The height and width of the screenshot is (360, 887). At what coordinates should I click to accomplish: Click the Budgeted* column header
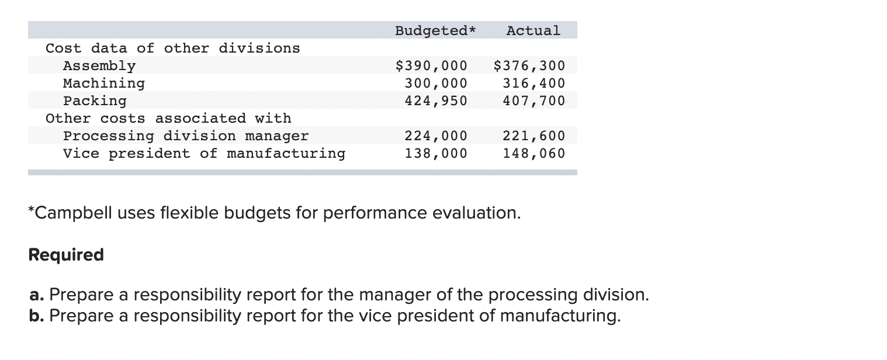(x=435, y=30)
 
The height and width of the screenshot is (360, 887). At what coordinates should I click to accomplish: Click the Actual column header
(x=533, y=30)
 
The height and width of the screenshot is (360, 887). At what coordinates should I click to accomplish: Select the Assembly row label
(x=99, y=65)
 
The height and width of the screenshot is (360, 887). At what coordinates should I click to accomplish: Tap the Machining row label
(x=104, y=83)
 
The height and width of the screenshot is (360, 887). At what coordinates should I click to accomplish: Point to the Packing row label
(x=95, y=101)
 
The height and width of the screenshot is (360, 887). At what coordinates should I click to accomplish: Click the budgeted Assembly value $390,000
(x=432, y=65)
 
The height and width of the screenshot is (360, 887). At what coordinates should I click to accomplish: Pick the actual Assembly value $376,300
(x=529, y=65)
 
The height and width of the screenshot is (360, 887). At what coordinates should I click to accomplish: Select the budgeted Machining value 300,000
(x=436, y=83)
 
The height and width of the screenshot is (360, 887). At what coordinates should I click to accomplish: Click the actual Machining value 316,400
(x=534, y=83)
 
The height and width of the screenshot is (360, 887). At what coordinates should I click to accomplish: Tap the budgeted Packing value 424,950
(x=436, y=101)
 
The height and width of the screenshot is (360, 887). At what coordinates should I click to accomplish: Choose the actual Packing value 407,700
(x=534, y=101)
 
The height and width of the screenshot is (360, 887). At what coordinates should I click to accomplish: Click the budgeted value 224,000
(x=436, y=136)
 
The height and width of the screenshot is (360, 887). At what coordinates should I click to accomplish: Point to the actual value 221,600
(x=534, y=136)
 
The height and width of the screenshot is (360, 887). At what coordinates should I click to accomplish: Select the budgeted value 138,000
(x=436, y=154)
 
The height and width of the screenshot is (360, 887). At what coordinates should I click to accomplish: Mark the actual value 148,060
(x=534, y=154)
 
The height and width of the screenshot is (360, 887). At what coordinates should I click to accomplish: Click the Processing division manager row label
(x=186, y=136)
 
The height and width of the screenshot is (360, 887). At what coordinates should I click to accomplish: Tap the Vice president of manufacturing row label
(x=204, y=154)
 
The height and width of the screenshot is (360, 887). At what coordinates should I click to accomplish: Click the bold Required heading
(x=66, y=255)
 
